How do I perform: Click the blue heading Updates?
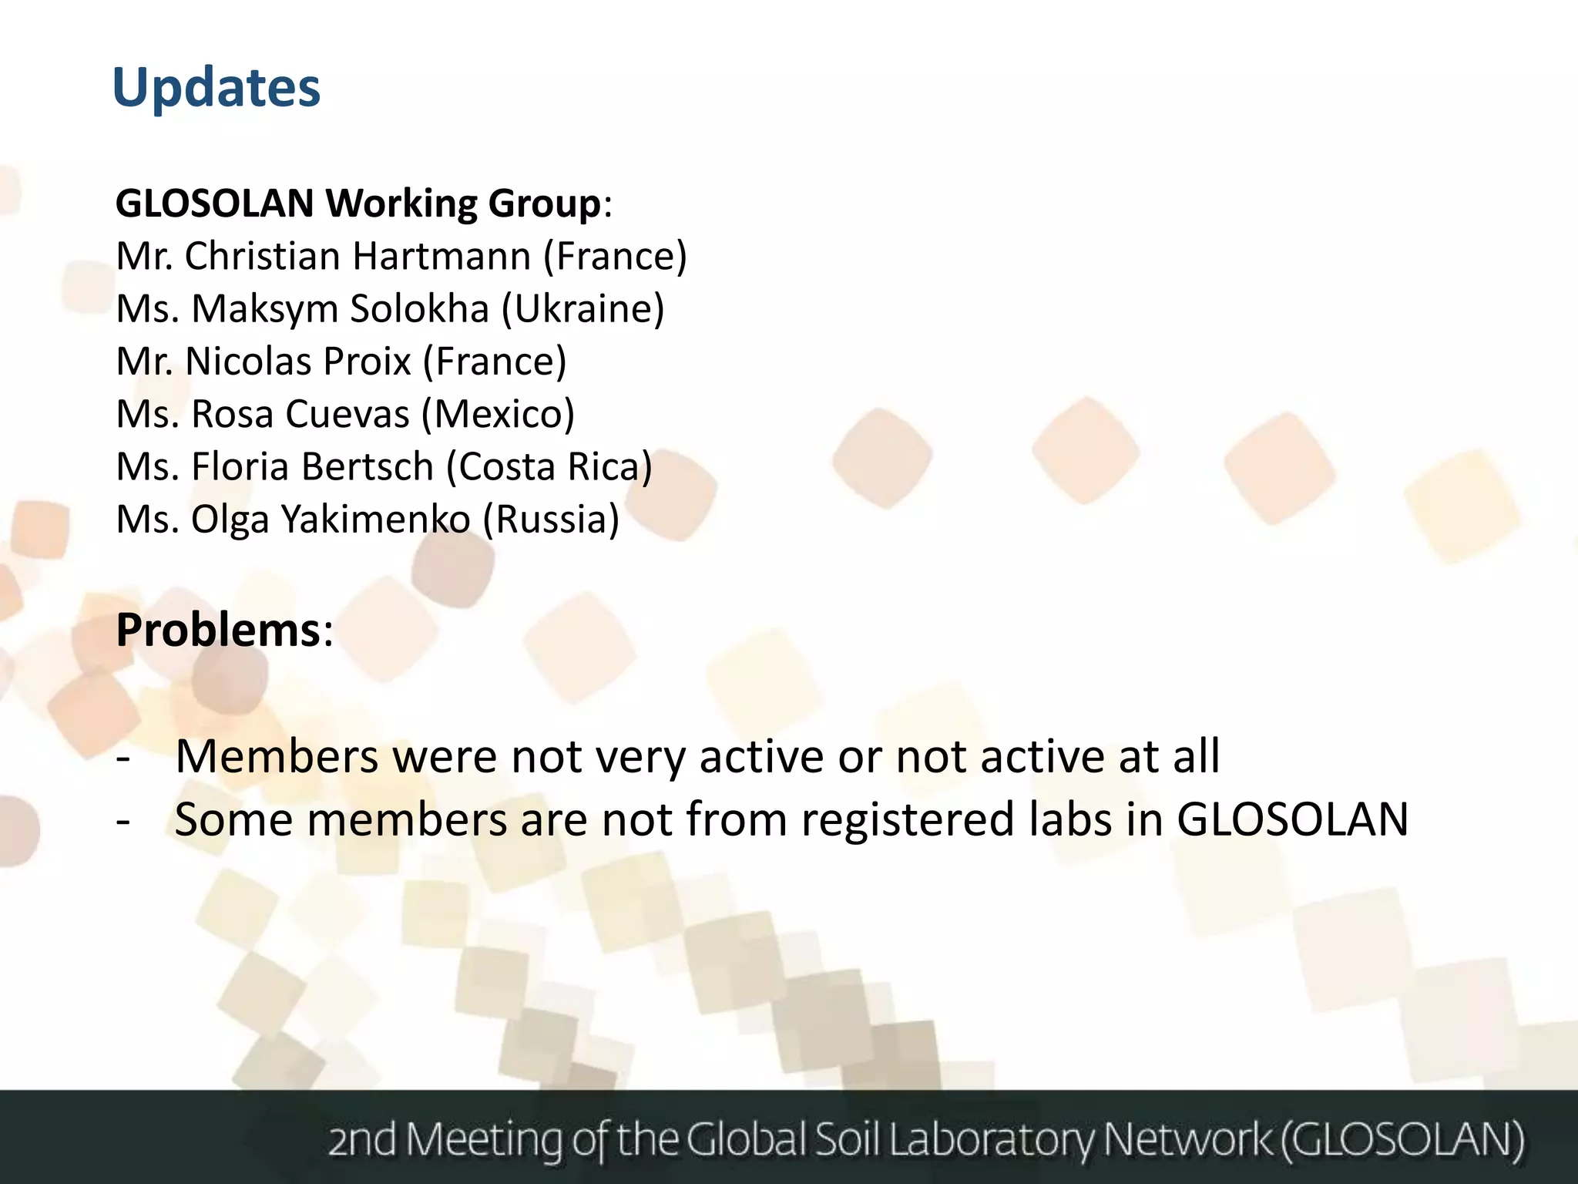[x=216, y=88]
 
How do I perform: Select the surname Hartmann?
[x=442, y=257]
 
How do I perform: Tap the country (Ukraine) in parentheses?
[x=583, y=309]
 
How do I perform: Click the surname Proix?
[x=367, y=362]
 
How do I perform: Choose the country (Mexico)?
[x=498, y=414]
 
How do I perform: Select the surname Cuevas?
[x=338, y=414]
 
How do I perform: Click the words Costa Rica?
[x=549, y=466]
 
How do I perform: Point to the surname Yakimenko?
[x=375, y=520]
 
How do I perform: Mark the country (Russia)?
[x=551, y=520]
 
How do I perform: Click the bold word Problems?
[x=218, y=631]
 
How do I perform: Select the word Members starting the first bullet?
[x=277, y=756]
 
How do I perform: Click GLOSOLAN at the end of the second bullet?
[x=1292, y=819]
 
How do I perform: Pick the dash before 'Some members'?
[x=123, y=820]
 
